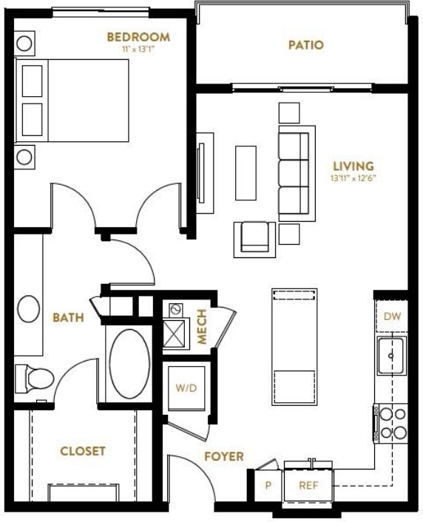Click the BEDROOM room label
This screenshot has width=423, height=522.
(x=138, y=37)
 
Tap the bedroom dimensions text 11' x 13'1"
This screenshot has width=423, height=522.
(x=138, y=49)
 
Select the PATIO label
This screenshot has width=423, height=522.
(x=305, y=45)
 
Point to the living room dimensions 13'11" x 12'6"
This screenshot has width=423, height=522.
(x=353, y=178)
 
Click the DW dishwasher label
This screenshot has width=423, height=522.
(x=392, y=316)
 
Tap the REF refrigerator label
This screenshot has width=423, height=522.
(x=308, y=485)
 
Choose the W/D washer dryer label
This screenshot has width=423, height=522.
(x=186, y=388)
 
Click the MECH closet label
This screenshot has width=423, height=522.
(x=202, y=326)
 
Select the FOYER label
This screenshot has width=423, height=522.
(x=224, y=456)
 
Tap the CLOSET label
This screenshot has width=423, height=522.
(x=83, y=451)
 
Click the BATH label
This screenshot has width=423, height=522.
(x=68, y=318)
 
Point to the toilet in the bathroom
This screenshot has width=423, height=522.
(x=35, y=379)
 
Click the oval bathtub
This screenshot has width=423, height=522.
(x=129, y=364)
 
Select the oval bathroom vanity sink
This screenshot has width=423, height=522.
(x=28, y=308)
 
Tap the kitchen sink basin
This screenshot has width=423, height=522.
(x=391, y=356)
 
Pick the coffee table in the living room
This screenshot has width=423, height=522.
(x=246, y=173)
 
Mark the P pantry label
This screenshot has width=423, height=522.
(x=268, y=485)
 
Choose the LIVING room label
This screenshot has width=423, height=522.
(x=353, y=166)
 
